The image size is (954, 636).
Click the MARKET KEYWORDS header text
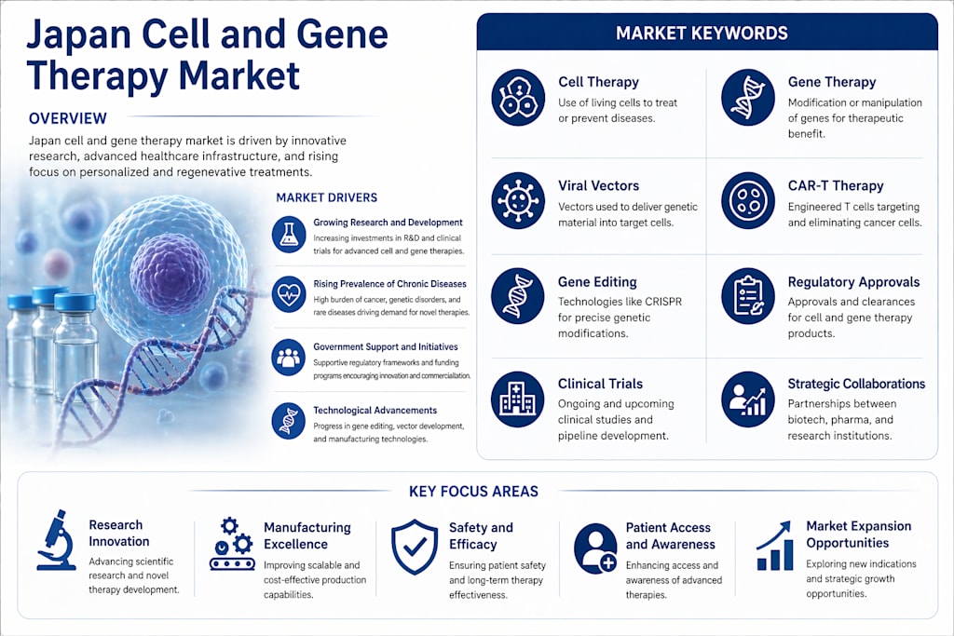point(702,33)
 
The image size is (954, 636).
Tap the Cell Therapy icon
point(518,97)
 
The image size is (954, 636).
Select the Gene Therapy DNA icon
point(748,97)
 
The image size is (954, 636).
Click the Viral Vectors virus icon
point(518,200)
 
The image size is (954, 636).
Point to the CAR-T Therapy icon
point(748,200)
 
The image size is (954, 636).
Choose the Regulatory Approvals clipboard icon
point(748,296)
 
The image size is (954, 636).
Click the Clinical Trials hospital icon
point(518,399)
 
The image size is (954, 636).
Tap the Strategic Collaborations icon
point(748,399)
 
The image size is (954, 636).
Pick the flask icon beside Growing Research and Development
point(289,235)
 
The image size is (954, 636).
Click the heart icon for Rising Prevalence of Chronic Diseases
point(289,295)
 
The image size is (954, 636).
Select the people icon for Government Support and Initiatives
point(289,358)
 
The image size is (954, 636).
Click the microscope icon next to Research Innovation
point(57,540)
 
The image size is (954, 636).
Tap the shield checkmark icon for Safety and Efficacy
point(415,548)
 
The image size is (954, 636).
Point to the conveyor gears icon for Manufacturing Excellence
point(232,544)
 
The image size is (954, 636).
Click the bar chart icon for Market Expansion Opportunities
point(774,546)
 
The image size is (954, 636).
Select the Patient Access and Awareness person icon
point(595,548)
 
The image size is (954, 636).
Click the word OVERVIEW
point(67,118)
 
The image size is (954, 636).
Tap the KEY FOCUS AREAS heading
point(473,492)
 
